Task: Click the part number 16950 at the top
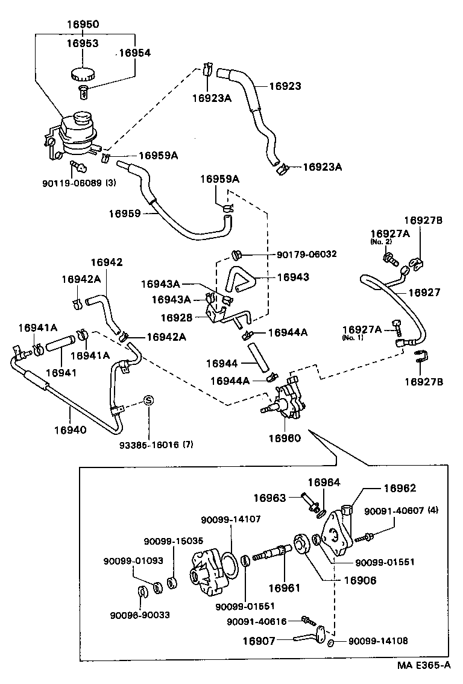[x=83, y=25]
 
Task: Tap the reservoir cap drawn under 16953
[x=81, y=74]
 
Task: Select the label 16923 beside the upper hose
[x=285, y=86]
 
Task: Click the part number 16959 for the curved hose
[x=125, y=213]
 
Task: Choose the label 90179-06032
[x=307, y=254]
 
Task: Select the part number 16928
[x=177, y=317]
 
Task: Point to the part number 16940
[x=71, y=429]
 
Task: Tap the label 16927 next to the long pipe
[x=424, y=292]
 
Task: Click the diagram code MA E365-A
[x=423, y=666]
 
